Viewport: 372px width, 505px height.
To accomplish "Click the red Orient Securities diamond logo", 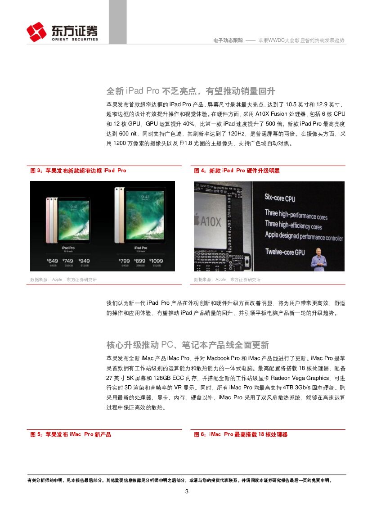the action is point(36,32).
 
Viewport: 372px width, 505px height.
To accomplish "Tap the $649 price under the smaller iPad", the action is point(53,261).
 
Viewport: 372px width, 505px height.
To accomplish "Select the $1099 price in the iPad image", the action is point(156,261).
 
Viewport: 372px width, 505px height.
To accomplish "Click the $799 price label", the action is point(124,261).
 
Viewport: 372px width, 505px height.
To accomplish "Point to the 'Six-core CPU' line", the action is point(280,198).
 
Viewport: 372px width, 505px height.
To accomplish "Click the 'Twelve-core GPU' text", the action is point(285,252).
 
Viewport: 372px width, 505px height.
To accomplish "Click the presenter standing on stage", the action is point(318,259).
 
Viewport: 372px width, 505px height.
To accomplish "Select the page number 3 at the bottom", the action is point(187,491).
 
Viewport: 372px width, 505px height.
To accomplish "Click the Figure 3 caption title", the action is point(78,171).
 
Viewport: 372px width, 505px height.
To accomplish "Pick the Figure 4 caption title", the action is point(237,171).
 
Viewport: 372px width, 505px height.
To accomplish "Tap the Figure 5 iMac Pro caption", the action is point(71,434).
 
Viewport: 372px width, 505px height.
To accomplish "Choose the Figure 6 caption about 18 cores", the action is point(241,434).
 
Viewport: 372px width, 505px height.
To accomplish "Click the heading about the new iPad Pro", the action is point(191,91).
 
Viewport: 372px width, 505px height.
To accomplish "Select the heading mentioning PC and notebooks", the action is point(188,345).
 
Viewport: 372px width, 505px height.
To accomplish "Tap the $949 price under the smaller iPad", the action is point(84,261).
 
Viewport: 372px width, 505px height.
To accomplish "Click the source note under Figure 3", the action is point(63,280).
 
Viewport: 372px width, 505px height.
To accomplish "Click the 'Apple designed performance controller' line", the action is point(304,236).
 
